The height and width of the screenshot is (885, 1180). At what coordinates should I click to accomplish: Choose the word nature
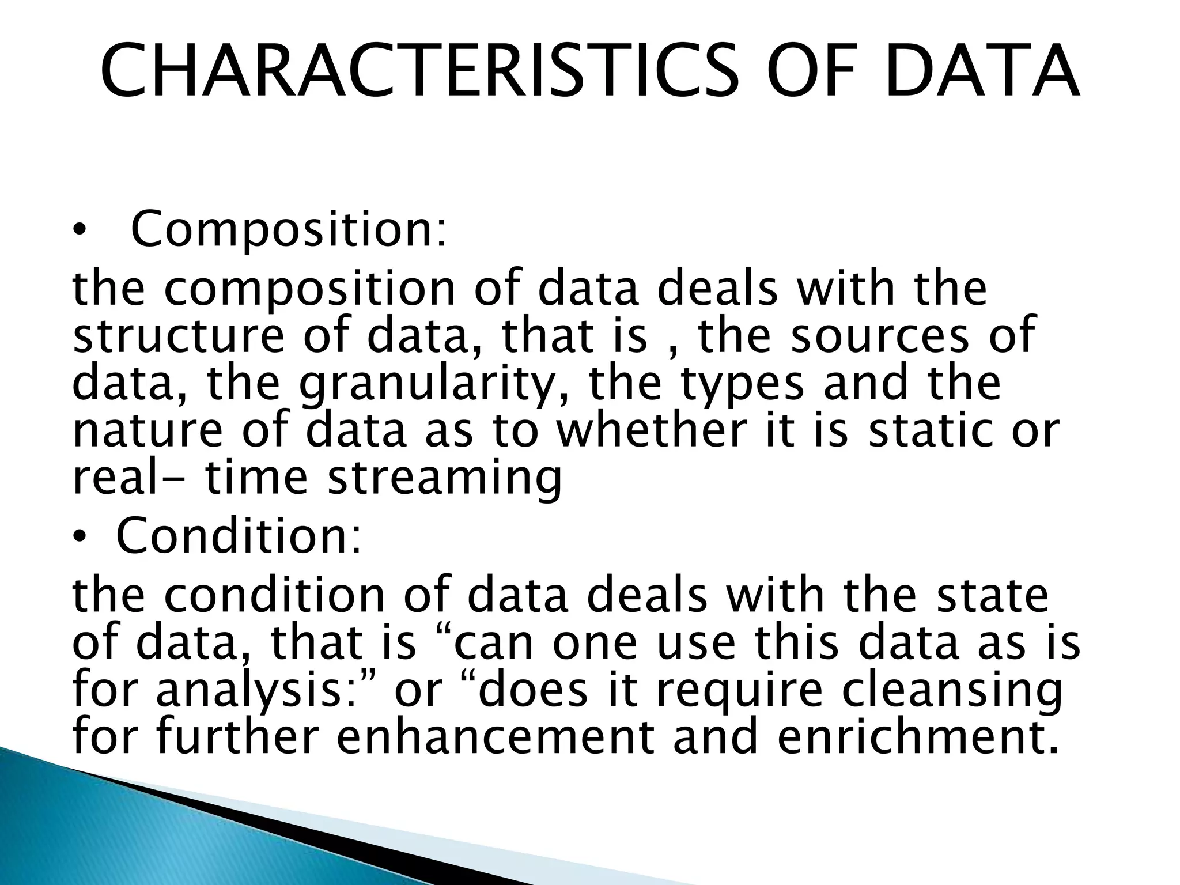pos(147,430)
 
